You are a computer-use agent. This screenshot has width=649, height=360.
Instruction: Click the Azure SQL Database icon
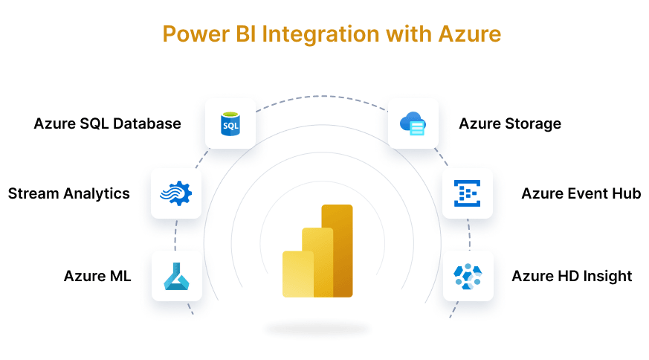[230, 124]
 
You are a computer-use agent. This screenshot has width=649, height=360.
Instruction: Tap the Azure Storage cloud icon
[413, 123]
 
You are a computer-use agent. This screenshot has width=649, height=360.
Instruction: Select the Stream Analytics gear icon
[176, 193]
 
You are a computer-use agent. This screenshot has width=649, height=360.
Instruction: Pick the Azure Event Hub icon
[468, 193]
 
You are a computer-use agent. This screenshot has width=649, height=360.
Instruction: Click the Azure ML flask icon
[177, 276]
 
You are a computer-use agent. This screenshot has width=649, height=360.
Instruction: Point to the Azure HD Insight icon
[468, 276]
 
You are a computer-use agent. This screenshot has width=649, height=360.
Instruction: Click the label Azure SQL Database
[107, 123]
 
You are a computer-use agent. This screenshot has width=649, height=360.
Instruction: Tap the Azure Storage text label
[510, 124]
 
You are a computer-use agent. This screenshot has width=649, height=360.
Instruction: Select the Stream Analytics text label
[68, 193]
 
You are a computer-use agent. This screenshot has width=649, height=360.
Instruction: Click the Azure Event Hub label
[581, 193]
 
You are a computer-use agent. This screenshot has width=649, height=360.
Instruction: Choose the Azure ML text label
[97, 276]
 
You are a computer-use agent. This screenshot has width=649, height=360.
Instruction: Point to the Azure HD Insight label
[572, 276]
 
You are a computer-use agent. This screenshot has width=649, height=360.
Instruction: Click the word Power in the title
[196, 34]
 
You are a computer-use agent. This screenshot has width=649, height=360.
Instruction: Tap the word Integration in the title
[320, 35]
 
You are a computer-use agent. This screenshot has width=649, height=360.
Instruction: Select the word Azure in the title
[470, 34]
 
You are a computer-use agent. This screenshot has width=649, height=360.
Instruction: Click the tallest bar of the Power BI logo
[338, 251]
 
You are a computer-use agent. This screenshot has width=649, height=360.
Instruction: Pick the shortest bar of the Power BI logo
[297, 274]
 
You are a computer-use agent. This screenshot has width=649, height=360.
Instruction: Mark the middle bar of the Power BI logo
[317, 263]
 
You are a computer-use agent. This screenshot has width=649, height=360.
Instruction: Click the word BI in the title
[246, 34]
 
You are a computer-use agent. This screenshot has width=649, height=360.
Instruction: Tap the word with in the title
[409, 34]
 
